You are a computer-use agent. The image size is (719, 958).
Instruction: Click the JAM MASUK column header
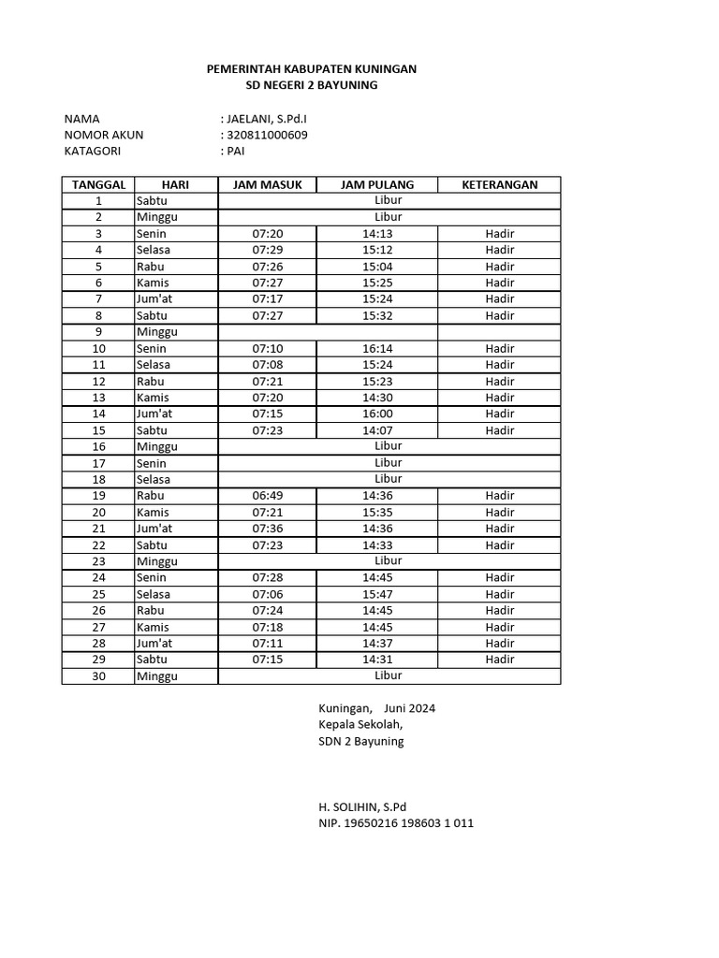pos(267,184)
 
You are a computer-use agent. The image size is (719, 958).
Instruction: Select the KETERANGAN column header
pos(500,184)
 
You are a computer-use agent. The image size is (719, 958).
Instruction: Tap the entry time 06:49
pos(267,496)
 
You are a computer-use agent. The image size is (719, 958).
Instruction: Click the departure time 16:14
pos(377,348)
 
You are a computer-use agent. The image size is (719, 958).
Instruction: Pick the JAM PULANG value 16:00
pos(377,414)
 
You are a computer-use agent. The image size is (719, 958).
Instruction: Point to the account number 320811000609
pos(267,135)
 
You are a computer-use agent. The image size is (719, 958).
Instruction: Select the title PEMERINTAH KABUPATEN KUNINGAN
pos(311,69)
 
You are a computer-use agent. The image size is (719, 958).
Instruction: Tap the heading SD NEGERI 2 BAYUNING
pos(311,85)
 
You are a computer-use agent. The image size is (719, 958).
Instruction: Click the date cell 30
pos(98,675)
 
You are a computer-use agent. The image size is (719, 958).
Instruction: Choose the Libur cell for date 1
pos(389,200)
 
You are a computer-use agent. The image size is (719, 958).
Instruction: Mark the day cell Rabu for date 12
pos(151,382)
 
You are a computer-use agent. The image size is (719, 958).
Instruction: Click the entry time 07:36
pos(267,529)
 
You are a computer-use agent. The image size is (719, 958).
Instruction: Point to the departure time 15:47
pos(377,594)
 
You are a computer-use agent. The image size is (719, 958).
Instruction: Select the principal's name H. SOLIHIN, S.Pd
pos(362,806)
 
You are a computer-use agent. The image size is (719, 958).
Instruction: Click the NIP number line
pos(395,823)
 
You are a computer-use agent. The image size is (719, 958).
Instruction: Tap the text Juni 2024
pos(409,708)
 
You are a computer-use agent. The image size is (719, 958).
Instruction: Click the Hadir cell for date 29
pos(500,660)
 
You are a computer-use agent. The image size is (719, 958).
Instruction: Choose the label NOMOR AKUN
pos(103,135)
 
